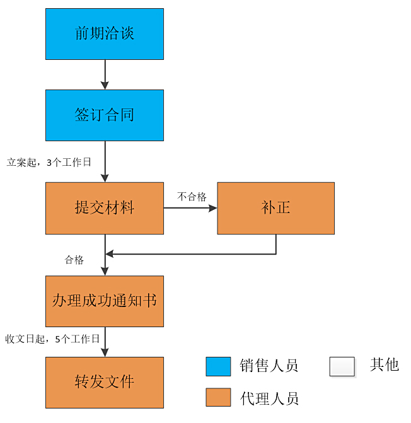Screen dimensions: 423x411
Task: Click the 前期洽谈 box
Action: (105, 34)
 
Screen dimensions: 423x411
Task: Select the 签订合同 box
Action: (105, 115)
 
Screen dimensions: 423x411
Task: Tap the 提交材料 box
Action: (105, 208)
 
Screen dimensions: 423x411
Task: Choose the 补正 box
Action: (275, 208)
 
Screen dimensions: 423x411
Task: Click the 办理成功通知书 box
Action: (105, 301)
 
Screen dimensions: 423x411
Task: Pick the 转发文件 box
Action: (105, 382)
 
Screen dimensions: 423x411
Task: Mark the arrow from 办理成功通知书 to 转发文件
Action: (105, 342)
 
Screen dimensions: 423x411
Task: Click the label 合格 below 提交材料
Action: (74, 260)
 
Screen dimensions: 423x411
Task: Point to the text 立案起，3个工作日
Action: (49, 162)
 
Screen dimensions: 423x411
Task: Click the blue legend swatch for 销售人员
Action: (218, 366)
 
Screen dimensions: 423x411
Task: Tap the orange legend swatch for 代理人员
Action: (218, 397)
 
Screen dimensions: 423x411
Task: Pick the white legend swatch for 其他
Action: (342, 366)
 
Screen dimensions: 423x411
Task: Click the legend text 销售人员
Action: (269, 366)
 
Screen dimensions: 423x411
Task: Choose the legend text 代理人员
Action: (269, 398)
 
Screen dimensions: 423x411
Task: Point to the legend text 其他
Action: (385, 364)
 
